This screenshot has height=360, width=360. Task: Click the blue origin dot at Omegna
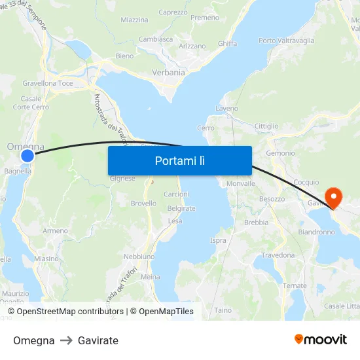click(27, 155)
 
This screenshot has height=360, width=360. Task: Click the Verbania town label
click(168, 73)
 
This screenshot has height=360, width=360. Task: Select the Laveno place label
click(226, 108)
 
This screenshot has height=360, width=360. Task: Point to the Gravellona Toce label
click(48, 84)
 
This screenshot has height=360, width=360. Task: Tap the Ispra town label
click(218, 240)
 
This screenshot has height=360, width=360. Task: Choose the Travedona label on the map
click(279, 255)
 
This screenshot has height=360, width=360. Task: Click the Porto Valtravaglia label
click(286, 41)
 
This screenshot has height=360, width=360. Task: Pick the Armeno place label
click(55, 230)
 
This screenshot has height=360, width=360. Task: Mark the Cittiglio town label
click(266, 126)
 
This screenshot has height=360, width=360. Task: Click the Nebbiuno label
click(138, 256)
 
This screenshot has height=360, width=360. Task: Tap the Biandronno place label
click(317, 232)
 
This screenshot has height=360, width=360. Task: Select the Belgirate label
click(181, 208)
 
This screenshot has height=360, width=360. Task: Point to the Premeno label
click(206, 18)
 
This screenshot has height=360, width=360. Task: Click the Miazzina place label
click(134, 20)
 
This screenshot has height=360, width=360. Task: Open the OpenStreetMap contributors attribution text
click(70, 312)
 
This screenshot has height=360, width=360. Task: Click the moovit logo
click(320, 339)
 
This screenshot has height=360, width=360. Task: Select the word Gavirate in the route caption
click(98, 340)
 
